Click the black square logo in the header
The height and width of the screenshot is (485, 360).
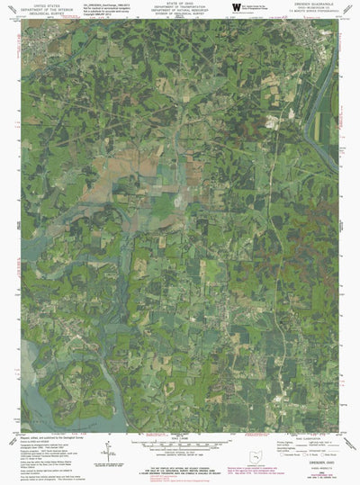[x=236, y=8]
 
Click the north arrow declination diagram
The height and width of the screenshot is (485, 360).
[x=107, y=450]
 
